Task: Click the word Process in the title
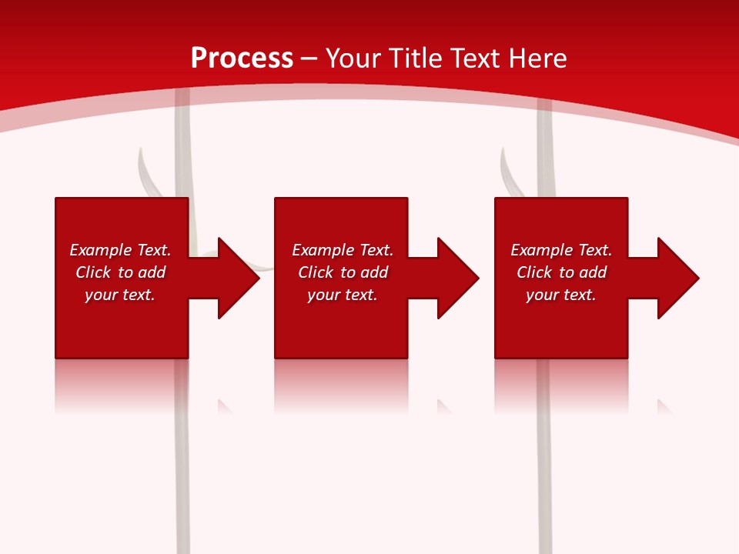242,58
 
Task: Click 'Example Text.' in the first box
120,250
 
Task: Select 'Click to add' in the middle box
343,272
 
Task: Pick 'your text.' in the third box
560,295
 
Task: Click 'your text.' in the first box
120,295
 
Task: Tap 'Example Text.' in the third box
560,250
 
